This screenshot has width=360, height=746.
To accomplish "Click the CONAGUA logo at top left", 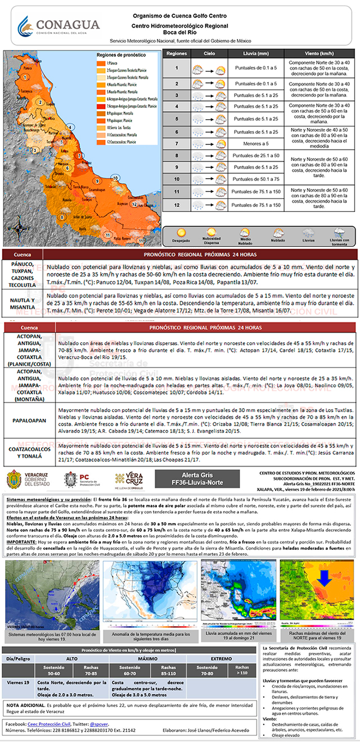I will (x=58, y=25).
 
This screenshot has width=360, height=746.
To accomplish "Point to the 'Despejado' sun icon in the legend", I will (x=182, y=232).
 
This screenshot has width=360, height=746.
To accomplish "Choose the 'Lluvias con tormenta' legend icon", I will (x=339, y=232).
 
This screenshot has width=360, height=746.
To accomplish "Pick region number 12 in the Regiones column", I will (x=176, y=205).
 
